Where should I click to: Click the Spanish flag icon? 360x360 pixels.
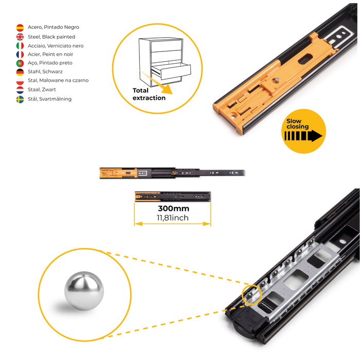point(20,28)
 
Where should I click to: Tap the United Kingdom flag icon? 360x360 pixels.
point(20,37)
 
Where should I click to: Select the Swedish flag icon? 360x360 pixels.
point(20,99)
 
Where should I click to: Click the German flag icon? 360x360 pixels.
point(20,72)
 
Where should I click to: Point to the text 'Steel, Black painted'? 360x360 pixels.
point(51,37)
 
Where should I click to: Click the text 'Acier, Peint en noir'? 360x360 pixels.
point(50,55)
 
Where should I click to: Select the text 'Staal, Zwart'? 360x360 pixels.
point(42,89)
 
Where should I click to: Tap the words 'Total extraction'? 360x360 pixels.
point(149,94)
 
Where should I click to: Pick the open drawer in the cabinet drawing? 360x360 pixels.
point(171,71)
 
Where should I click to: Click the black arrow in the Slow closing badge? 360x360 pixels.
point(303,136)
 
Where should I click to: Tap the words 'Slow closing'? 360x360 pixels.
point(298,124)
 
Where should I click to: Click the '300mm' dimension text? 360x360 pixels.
point(174,208)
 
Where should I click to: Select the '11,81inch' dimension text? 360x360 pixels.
point(173,218)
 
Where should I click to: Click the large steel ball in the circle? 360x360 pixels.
point(84,291)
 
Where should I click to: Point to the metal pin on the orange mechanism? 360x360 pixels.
point(277,80)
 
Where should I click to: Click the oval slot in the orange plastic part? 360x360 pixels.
point(305,59)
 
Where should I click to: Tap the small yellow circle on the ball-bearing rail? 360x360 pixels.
point(251,295)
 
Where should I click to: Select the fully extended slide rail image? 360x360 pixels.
point(172,173)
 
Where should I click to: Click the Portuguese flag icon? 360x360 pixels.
point(20,63)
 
